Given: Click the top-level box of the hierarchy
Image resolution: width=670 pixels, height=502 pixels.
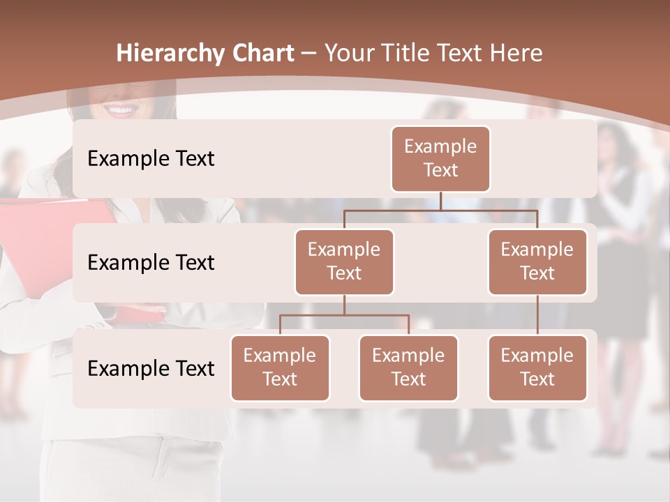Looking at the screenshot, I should [x=440, y=158].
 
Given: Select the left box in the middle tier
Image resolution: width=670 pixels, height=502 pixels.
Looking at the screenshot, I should [x=344, y=261].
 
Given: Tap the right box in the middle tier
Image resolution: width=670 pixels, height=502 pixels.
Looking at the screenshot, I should [x=537, y=261].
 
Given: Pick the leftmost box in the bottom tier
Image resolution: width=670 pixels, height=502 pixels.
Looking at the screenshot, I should [x=280, y=367].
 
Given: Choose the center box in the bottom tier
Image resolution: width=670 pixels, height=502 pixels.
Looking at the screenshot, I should [x=408, y=367].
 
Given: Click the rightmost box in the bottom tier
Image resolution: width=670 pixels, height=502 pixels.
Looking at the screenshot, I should [x=537, y=367].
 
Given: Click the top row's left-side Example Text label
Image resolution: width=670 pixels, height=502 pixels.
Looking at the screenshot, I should [x=151, y=158].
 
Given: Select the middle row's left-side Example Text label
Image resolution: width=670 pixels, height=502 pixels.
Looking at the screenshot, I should [x=151, y=262].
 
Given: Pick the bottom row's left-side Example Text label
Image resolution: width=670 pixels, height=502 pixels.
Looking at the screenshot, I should [x=151, y=368].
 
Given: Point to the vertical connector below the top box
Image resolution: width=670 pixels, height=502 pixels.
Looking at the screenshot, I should [x=440, y=201].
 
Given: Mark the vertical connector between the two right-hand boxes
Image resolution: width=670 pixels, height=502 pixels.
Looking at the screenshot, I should [x=537, y=314].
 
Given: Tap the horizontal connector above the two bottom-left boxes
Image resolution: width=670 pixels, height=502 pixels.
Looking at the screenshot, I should [x=344, y=315].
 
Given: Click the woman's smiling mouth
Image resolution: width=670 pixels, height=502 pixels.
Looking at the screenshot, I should [x=123, y=110].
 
